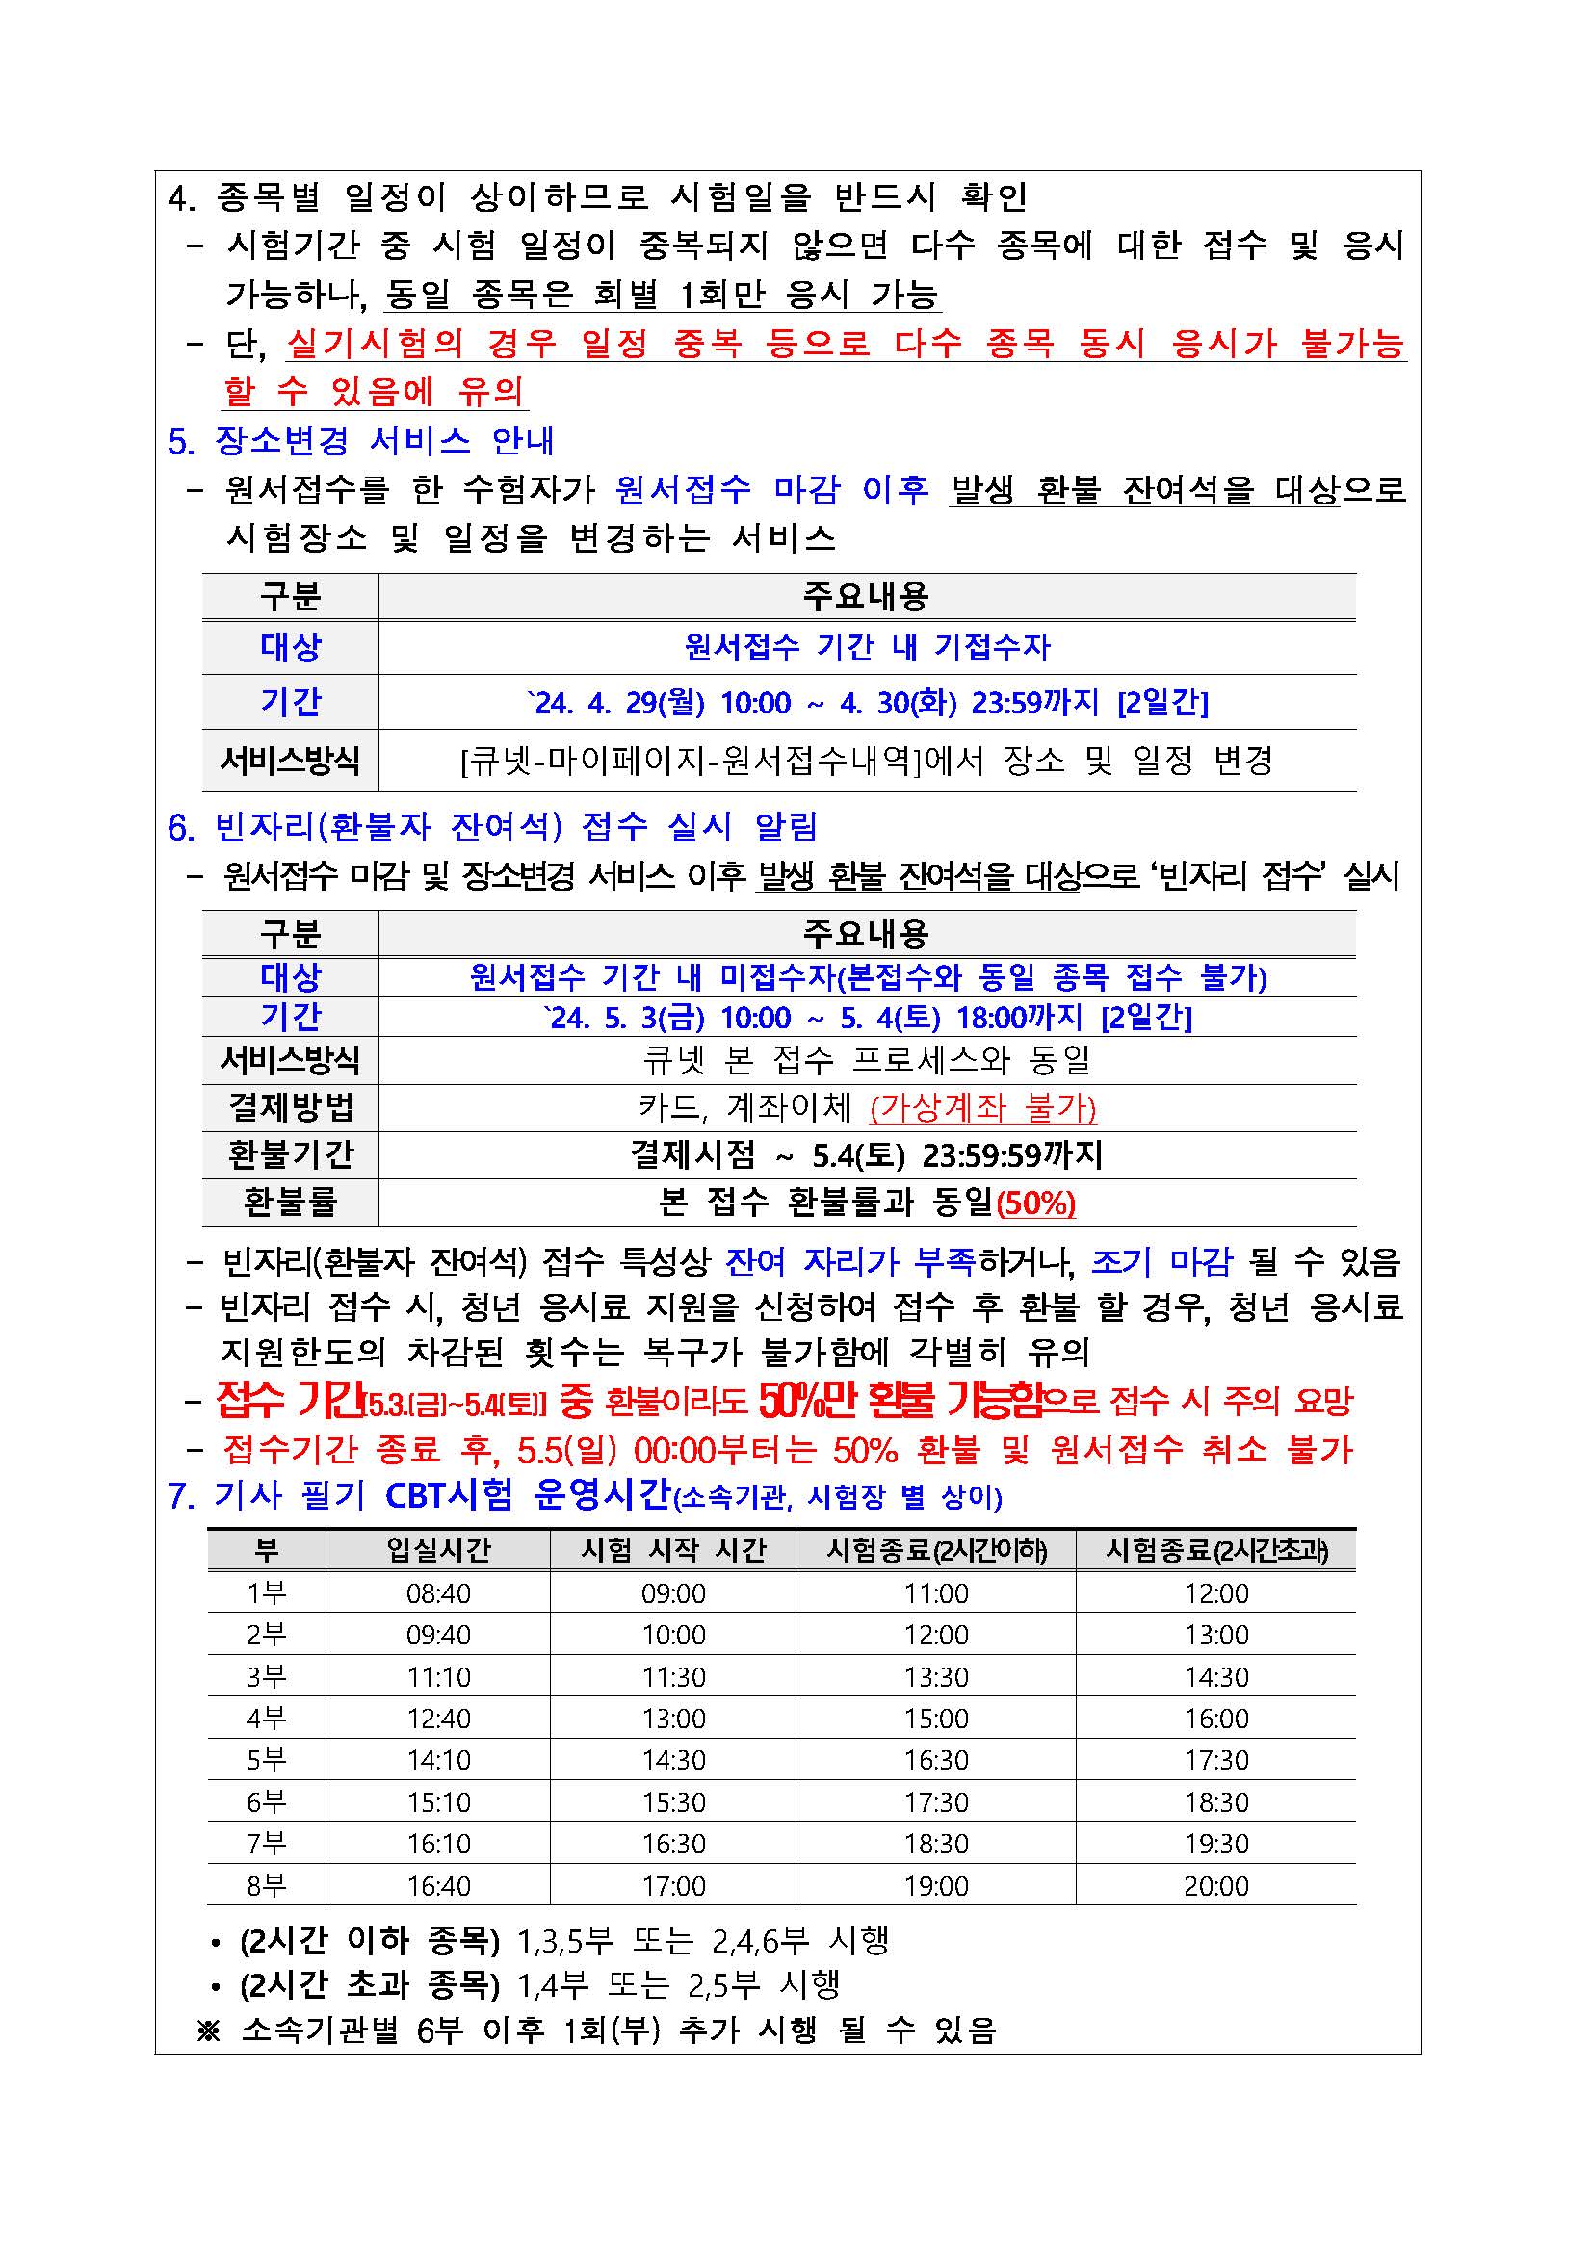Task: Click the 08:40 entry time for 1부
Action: pyautogui.click(x=438, y=1593)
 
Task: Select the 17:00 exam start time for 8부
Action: pyautogui.click(x=673, y=1886)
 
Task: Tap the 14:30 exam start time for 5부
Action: pyautogui.click(x=673, y=1760)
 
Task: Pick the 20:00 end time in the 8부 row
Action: pyautogui.click(x=1215, y=1886)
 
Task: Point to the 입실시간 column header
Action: pyautogui.click(x=438, y=1550)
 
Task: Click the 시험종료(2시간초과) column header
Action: pyautogui.click(x=1216, y=1550)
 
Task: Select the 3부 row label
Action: pyautogui.click(x=266, y=1677)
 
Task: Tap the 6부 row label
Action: pyautogui.click(x=266, y=1802)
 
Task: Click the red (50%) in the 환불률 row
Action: pyautogui.click(x=1036, y=1203)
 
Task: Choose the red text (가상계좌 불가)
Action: pyautogui.click(x=982, y=1107)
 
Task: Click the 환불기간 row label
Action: pyautogui.click(x=290, y=1154)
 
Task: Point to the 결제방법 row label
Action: pyautogui.click(x=290, y=1107)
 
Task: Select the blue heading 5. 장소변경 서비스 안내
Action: pyautogui.click(x=361, y=441)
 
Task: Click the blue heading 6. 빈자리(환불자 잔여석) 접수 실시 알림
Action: pyautogui.click(x=492, y=827)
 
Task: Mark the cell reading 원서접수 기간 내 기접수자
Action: pyautogui.click(x=867, y=647)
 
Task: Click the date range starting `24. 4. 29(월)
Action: pyautogui.click(x=867, y=703)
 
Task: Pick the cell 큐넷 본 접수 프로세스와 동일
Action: pyautogui.click(x=867, y=1059)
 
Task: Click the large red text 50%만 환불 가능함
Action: pyautogui.click(x=901, y=1402)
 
